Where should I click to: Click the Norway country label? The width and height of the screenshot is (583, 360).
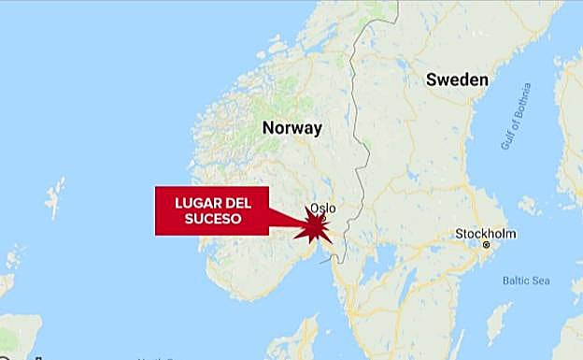[291, 128]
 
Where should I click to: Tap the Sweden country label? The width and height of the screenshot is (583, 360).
[457, 79]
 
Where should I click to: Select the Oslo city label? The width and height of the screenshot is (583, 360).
[321, 209]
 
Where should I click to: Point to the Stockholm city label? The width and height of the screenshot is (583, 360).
[486, 233]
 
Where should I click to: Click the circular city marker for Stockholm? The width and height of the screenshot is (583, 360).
[486, 245]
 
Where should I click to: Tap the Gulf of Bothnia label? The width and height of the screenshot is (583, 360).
[515, 116]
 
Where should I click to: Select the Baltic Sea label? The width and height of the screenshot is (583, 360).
[526, 281]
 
